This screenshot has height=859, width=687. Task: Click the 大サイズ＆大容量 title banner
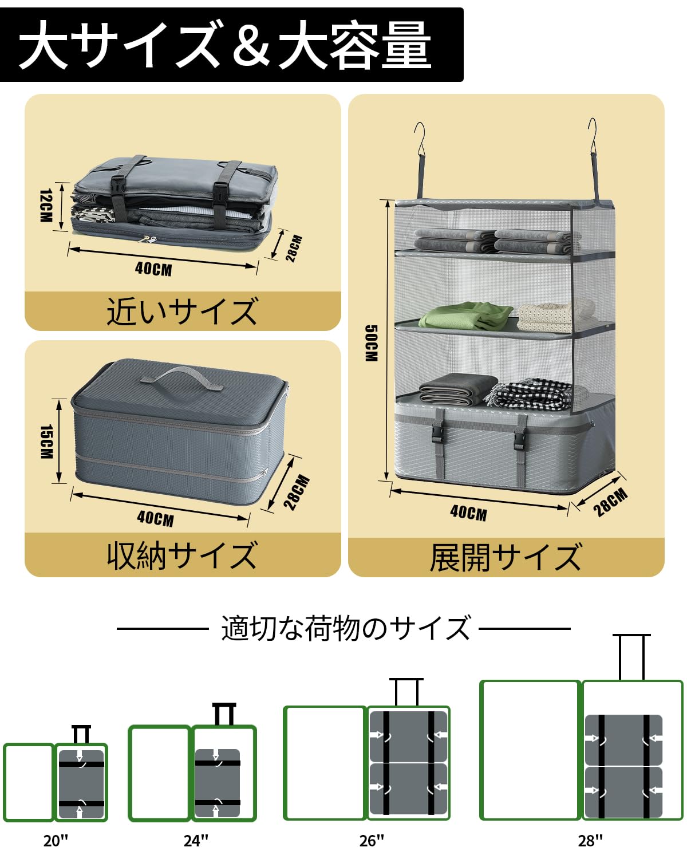[x=229, y=45]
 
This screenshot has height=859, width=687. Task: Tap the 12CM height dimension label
[x=46, y=206]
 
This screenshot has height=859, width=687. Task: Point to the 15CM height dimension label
[x=46, y=442]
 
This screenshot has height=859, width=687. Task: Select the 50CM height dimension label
[x=371, y=343]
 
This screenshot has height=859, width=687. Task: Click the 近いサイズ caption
[x=182, y=312]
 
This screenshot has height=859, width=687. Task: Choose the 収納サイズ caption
[x=182, y=555]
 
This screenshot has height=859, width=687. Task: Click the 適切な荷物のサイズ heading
[x=345, y=628]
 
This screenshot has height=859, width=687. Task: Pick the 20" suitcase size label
[x=56, y=840]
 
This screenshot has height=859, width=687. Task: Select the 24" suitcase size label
[x=196, y=840]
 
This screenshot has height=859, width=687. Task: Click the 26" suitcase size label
[x=372, y=840]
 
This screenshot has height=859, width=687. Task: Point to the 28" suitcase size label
[x=590, y=840]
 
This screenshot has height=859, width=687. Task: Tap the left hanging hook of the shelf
[x=421, y=143]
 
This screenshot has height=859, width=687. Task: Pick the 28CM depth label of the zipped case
[x=298, y=492]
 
